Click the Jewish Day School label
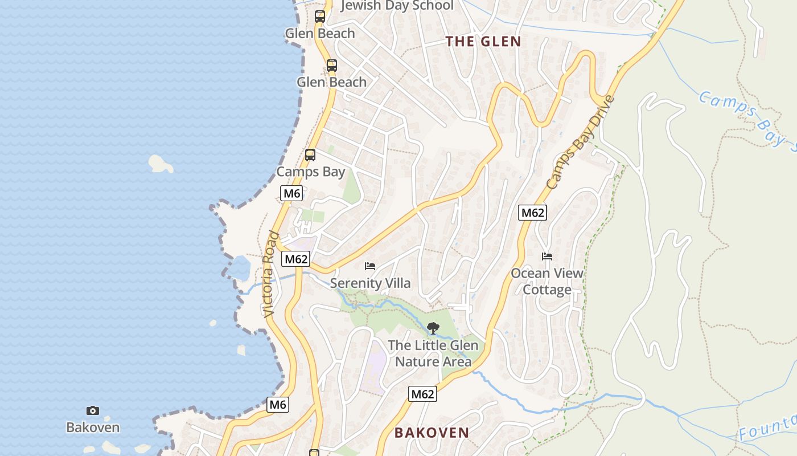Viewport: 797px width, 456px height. (397, 6)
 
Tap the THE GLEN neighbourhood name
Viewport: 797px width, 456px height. (483, 42)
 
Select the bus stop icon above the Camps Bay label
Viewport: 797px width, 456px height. (310, 154)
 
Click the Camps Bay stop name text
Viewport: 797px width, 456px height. (310, 172)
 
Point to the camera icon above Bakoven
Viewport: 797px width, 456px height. (93, 410)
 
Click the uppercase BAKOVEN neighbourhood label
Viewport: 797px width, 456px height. (432, 433)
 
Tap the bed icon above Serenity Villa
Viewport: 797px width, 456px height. (370, 266)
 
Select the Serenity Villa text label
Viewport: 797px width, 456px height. (370, 283)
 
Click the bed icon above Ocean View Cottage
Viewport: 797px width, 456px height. (547, 256)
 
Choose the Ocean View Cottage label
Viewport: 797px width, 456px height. (547, 282)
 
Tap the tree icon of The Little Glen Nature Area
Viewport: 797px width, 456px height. (433, 328)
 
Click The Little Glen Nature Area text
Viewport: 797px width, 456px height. (433, 353)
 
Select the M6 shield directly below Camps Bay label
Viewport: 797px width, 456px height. (291, 193)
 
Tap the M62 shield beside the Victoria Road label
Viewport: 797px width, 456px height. (296, 259)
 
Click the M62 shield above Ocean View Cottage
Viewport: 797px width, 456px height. (532, 213)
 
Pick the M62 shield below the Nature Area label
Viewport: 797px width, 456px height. (422, 394)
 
